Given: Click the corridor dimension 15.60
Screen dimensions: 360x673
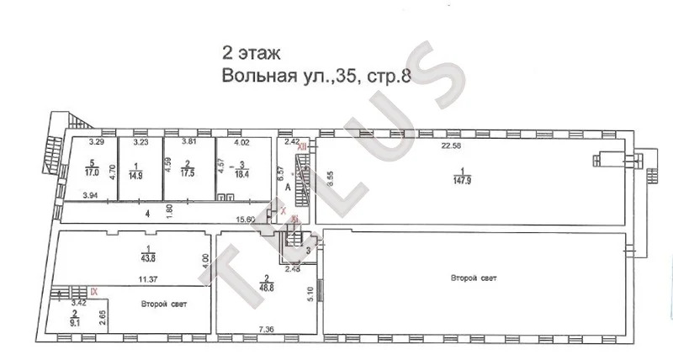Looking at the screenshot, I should click(246, 220).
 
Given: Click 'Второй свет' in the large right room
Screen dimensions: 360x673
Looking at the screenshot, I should click(472, 278).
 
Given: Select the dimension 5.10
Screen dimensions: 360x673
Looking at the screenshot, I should click(308, 294).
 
